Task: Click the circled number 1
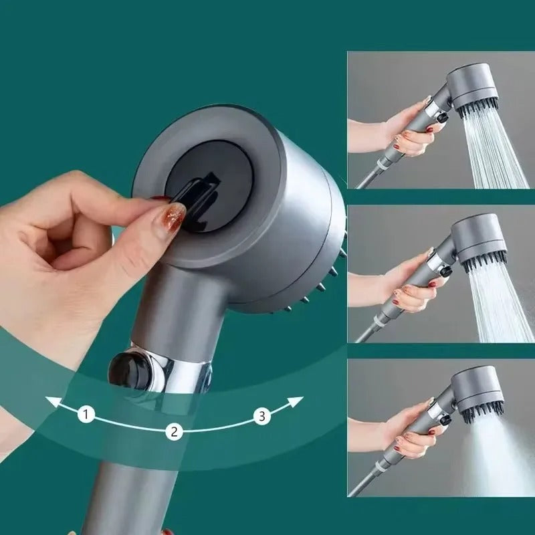coord(85,415)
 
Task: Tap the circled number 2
coord(174,431)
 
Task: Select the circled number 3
coord(262,416)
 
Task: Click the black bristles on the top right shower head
coord(478,107)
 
